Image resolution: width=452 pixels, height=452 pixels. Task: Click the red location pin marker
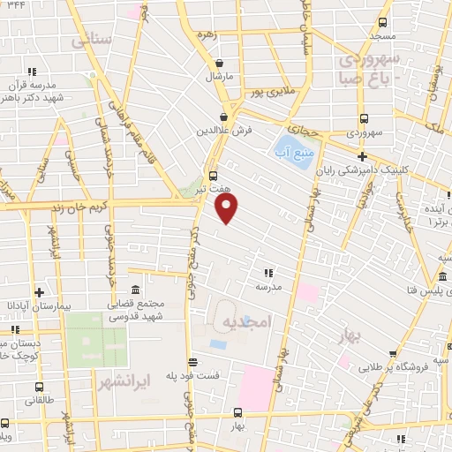(x=227, y=208)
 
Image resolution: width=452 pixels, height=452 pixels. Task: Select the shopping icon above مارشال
(x=219, y=63)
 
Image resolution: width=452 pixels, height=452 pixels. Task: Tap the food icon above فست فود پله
(x=192, y=360)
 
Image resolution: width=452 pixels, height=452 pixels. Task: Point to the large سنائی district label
(x=93, y=39)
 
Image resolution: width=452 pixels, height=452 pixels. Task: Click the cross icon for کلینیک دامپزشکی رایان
(x=362, y=156)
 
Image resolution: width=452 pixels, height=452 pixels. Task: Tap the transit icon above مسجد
(x=383, y=22)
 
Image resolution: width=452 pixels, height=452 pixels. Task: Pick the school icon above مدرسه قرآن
(x=32, y=71)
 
